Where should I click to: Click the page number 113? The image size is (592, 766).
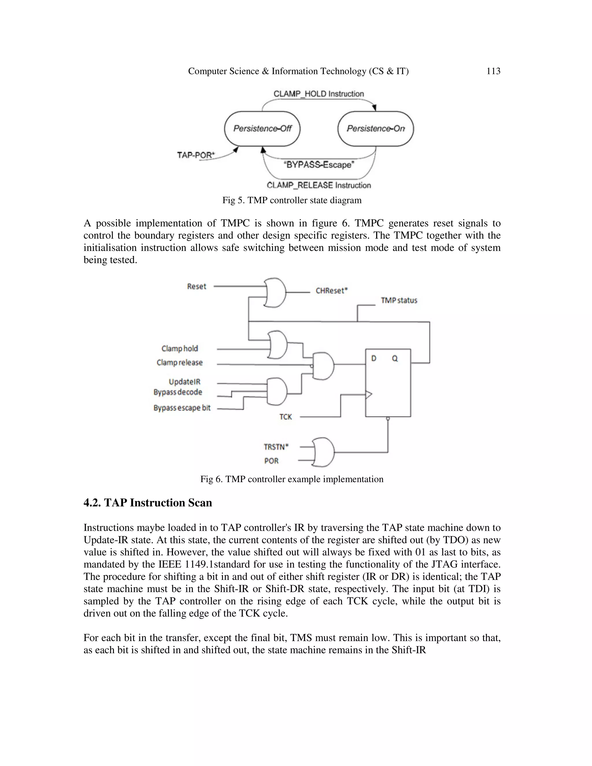click(493, 71)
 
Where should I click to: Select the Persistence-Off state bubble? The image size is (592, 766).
click(262, 128)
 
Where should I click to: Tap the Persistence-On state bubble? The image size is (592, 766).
click(375, 128)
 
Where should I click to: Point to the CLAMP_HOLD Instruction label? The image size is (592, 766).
click(319, 94)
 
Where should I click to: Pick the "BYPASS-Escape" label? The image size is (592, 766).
click(319, 165)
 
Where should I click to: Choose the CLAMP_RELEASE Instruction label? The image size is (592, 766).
click(319, 185)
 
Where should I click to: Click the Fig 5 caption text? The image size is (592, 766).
click(292, 200)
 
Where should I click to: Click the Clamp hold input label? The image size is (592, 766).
click(180, 348)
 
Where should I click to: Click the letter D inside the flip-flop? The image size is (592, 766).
click(374, 358)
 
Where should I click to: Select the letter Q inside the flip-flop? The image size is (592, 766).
click(395, 358)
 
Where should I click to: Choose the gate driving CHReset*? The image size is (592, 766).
click(275, 293)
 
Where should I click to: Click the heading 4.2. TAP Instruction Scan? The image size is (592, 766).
click(148, 503)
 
